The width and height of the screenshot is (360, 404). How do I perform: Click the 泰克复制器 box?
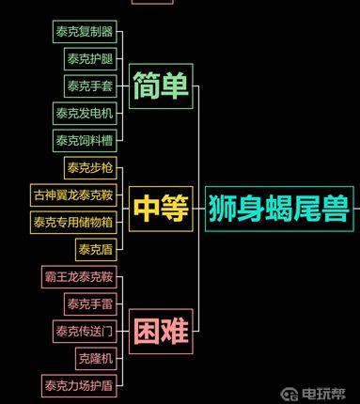pyautogui.click(x=85, y=32)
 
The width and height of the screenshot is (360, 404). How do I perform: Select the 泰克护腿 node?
pyautogui.click(x=90, y=59)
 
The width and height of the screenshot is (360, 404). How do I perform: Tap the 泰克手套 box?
pyautogui.click(x=90, y=86)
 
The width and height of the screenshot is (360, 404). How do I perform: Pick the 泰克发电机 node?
pyautogui.click(x=85, y=114)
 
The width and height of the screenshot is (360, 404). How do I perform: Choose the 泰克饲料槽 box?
pyautogui.click(x=85, y=141)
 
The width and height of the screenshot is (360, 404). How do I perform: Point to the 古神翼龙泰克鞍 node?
pyautogui.click(x=73, y=195)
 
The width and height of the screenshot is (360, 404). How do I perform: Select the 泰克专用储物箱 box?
pyautogui.click(x=73, y=223)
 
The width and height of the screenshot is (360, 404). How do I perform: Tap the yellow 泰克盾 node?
pyautogui.click(x=96, y=250)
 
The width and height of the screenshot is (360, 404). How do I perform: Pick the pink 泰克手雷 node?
pyautogui.click(x=90, y=304)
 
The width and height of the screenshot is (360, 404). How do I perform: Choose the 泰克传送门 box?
pyautogui.click(x=85, y=332)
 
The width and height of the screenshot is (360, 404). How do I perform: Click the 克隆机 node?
pyautogui.click(x=96, y=359)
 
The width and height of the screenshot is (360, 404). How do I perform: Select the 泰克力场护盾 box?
pyautogui.click(x=79, y=385)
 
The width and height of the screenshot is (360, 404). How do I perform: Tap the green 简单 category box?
pyautogui.click(x=160, y=85)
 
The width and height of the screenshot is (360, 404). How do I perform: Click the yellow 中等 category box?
pyautogui.click(x=160, y=209)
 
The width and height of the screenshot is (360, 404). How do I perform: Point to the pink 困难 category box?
pyautogui.click(x=160, y=331)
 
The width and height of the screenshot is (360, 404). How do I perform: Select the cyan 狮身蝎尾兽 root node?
pyautogui.click(x=278, y=209)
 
